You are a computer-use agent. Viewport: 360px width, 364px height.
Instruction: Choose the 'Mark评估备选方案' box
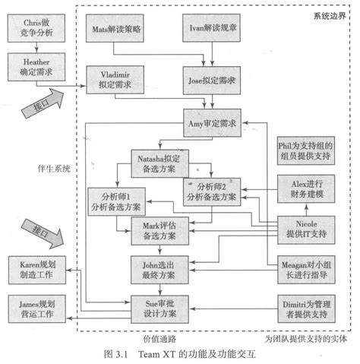coord(159,232)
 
